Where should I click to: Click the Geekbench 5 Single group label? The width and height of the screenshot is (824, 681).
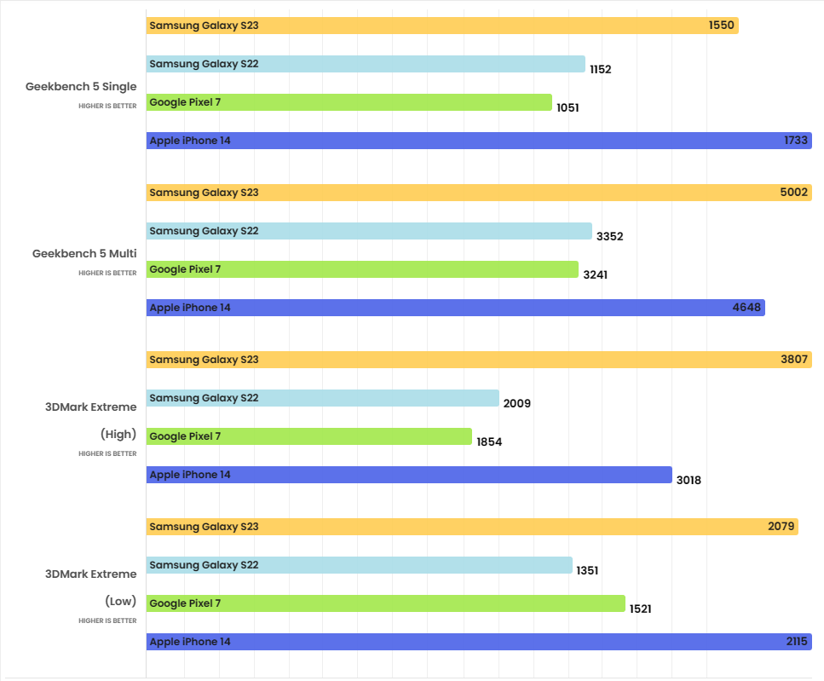[x=81, y=86]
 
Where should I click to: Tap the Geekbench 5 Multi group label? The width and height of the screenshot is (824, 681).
[x=84, y=253]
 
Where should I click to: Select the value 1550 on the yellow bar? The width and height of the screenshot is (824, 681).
[x=721, y=26]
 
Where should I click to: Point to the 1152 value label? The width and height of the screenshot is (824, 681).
[x=600, y=70]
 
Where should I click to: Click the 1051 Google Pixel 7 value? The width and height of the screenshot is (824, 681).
[x=568, y=108]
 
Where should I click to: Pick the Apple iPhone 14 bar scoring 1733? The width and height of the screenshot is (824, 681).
[x=478, y=141]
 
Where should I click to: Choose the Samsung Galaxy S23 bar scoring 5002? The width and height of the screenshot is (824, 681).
[x=478, y=193]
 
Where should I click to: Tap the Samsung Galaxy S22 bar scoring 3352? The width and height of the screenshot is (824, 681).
[x=369, y=231]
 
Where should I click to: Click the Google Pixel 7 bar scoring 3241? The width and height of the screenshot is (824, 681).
[x=362, y=269]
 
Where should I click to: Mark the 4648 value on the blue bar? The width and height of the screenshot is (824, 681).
[x=746, y=308]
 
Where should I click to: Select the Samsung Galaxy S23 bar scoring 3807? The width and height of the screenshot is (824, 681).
[x=478, y=360]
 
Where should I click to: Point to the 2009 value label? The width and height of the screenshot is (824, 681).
[x=516, y=404]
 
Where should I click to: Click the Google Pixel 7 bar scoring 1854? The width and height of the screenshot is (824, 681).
[x=308, y=436]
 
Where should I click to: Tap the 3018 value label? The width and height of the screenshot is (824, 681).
[x=689, y=481]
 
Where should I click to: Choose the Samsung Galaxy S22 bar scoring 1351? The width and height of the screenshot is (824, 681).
[x=359, y=565]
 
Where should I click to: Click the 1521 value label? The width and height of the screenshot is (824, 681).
[x=641, y=609]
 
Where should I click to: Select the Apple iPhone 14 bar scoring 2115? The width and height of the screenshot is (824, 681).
[x=478, y=642]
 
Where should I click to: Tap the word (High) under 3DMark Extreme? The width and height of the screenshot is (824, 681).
[x=118, y=434]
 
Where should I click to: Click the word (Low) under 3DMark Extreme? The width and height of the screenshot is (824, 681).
[x=120, y=601]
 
